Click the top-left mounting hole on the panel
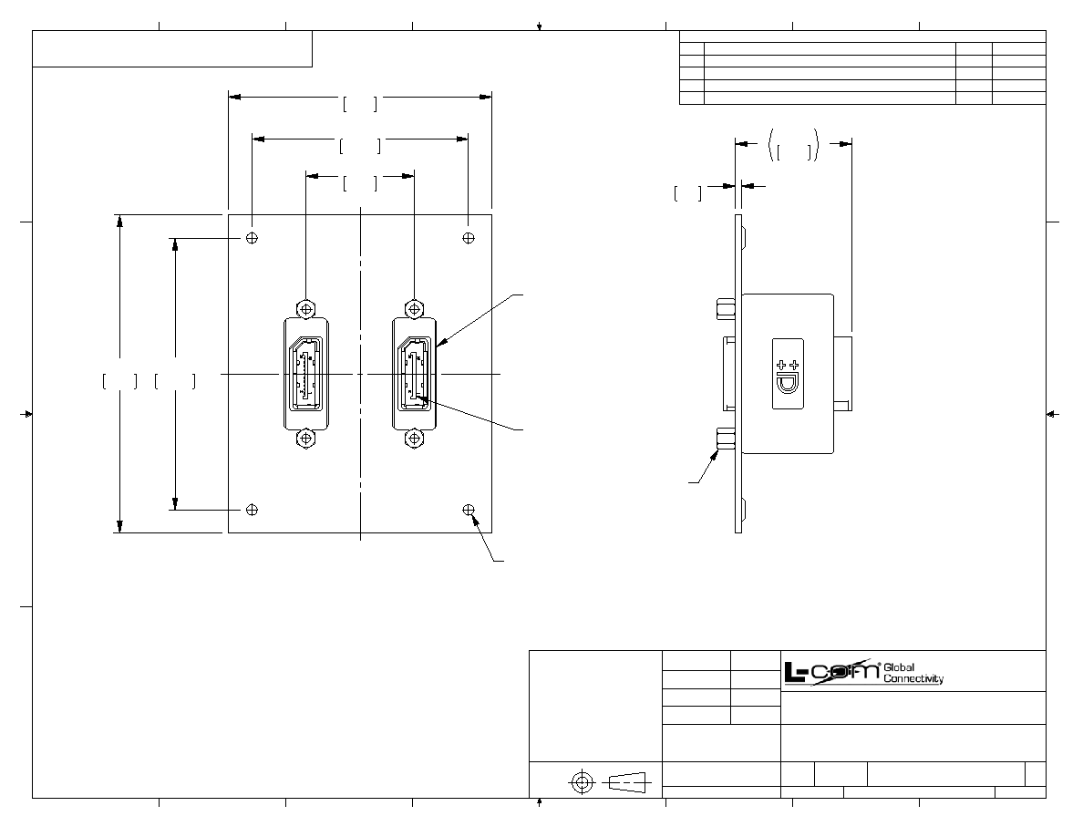pos(253,238)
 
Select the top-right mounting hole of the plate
pos(469,238)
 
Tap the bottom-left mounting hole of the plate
pos(253,511)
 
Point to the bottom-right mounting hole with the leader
pos(469,511)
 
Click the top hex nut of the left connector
pos(305,309)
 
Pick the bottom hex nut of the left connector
pos(305,439)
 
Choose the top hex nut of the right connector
pos(413,309)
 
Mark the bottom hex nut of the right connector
pos(413,439)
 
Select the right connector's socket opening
pos(415,374)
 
